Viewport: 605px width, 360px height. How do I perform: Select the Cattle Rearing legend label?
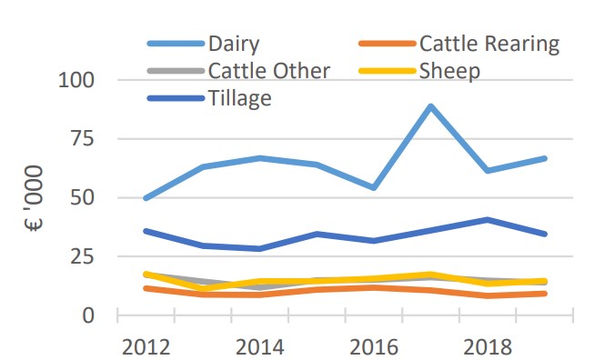pyautogui.click(x=489, y=44)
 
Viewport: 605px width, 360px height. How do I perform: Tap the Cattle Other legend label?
pyautogui.click(x=269, y=70)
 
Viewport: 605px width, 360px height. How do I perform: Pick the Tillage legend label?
pyautogui.click(x=240, y=97)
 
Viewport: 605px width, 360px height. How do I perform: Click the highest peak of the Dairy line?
pyautogui.click(x=430, y=106)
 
